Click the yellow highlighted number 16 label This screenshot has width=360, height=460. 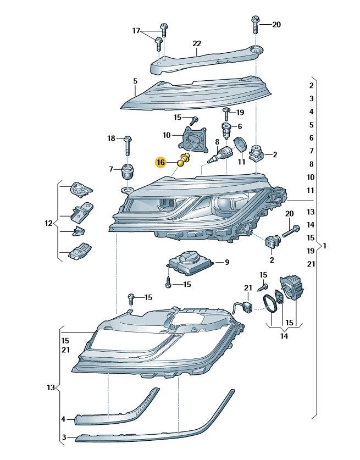tap(160, 162)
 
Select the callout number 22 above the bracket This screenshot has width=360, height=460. tap(197, 43)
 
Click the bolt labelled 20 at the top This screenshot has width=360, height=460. tap(256, 23)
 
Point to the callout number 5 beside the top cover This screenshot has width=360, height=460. tap(135, 81)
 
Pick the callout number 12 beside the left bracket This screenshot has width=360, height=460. tap(48, 223)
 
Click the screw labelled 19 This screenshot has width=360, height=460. tap(226, 114)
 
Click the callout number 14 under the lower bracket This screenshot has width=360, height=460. tap(283, 335)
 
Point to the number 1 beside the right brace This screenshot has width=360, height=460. tap(325, 246)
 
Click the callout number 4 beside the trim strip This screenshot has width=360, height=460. tap(63, 419)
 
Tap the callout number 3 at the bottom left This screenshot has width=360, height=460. tap(63, 437)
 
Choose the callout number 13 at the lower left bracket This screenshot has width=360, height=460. tap(51, 388)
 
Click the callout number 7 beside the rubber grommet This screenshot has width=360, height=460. tap(110, 168)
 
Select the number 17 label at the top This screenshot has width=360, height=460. tap(136, 31)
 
